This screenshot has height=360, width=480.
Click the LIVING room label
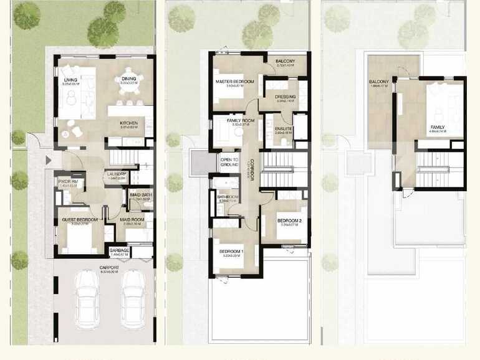click(70, 80)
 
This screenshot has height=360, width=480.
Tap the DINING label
click(128, 79)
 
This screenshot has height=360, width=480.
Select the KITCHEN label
click(128, 123)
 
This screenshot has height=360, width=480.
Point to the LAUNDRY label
click(117, 174)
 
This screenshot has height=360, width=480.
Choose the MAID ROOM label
click(132, 220)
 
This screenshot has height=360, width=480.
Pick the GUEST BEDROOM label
click(79, 220)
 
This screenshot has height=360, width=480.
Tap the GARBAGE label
click(119, 251)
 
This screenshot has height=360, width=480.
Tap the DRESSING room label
click(285, 97)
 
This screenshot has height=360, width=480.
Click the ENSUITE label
click(284, 129)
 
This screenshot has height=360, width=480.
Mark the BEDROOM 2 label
click(289, 220)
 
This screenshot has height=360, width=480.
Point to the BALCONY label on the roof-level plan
click(379, 82)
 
